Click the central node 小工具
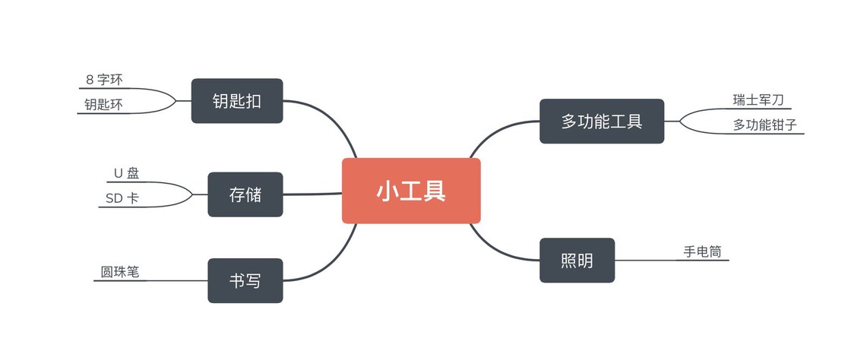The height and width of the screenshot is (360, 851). click(x=411, y=191)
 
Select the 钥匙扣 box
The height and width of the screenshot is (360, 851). click(x=237, y=100)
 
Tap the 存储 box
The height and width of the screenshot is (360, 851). click(x=245, y=194)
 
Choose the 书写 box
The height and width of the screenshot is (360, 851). click(x=245, y=281)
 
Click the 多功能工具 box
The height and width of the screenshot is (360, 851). click(x=602, y=121)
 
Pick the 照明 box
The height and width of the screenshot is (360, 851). click(x=577, y=261)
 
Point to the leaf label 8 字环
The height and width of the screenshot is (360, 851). click(x=104, y=79)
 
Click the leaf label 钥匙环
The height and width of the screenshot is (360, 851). click(x=103, y=105)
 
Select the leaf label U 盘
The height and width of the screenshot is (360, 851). click(x=126, y=173)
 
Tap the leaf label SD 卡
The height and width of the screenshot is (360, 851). click(x=122, y=198)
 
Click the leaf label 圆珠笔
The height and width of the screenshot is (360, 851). click(x=120, y=271)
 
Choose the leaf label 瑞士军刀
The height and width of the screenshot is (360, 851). click(x=758, y=99)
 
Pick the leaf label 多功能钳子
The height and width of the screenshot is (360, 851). click(x=765, y=125)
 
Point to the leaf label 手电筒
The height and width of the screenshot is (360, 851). click(x=702, y=251)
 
